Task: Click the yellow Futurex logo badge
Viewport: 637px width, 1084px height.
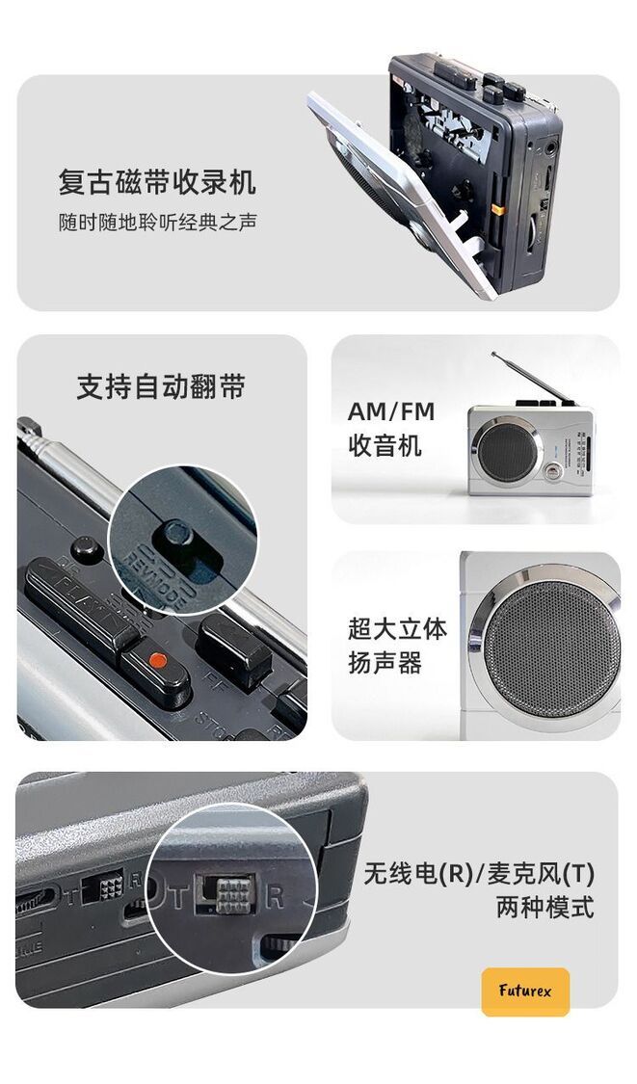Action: click(525, 991)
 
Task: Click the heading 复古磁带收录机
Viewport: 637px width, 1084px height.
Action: click(158, 182)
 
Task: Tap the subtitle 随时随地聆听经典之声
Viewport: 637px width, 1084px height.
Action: click(158, 223)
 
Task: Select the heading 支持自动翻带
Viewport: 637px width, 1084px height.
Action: click(161, 387)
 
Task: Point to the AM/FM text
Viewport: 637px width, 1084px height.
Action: click(390, 411)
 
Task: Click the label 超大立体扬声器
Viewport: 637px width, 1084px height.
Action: click(397, 646)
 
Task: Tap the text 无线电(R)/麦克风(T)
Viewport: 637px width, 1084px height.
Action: click(479, 874)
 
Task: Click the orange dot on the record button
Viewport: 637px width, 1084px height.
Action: click(158, 659)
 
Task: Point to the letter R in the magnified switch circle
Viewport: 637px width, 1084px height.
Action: click(275, 897)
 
